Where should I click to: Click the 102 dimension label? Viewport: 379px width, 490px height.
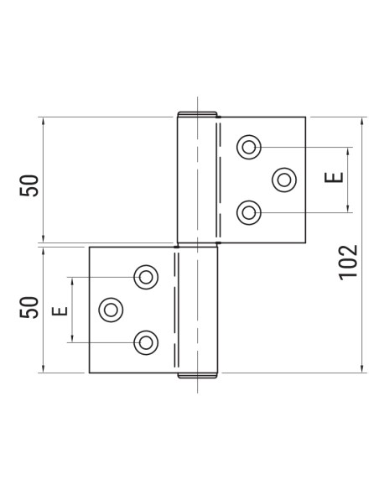(350, 261)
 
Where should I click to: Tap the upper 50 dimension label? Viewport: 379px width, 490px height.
(30, 185)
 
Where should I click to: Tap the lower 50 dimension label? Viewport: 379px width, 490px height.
(30, 307)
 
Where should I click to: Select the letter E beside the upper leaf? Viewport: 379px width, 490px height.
(333, 178)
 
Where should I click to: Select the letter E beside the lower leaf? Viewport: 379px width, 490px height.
(60, 310)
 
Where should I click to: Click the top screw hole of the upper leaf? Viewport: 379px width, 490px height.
(248, 147)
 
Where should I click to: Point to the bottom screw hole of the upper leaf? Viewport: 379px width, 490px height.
(248, 212)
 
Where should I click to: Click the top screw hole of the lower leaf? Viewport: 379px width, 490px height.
(146, 276)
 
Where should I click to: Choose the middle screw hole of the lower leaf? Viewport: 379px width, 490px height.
(110, 309)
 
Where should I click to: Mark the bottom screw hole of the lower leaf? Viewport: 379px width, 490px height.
(146, 341)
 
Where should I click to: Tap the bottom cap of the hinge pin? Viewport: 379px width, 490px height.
(199, 376)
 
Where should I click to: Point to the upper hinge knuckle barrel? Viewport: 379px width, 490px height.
(199, 180)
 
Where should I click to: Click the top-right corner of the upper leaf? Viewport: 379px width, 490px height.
(305, 116)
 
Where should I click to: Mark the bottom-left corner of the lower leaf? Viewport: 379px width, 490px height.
(90, 373)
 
